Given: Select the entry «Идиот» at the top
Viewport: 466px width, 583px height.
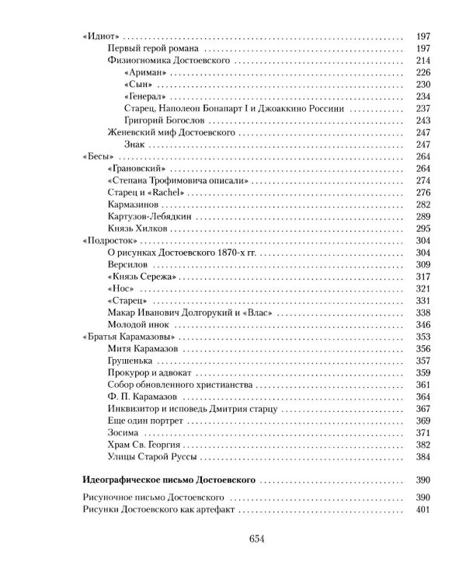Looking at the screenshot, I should (x=101, y=36).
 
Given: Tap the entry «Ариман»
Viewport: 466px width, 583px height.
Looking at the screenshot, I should (x=141, y=72).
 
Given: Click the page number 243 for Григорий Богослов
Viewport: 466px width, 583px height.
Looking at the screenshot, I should (x=423, y=120).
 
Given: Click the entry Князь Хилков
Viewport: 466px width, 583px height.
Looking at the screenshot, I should (x=130, y=229).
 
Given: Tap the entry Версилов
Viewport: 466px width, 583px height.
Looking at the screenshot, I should (x=124, y=264).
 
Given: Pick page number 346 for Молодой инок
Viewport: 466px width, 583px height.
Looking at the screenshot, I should (x=423, y=325).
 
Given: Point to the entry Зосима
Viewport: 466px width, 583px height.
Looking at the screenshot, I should (x=120, y=433).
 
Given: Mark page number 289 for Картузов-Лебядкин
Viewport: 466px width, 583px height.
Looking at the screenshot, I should (x=423, y=217).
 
